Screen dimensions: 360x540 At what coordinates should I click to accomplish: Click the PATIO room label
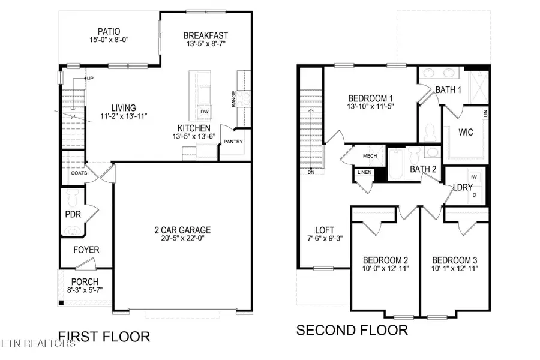pyautogui.click(x=109, y=31)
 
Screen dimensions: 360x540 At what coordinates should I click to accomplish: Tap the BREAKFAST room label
pyautogui.click(x=206, y=35)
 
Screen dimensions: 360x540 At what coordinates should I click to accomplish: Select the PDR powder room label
pyautogui.click(x=73, y=213)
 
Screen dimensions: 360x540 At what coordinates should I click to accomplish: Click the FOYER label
pyautogui.click(x=86, y=250)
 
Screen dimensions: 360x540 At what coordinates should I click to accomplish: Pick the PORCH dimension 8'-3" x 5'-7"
pyautogui.click(x=85, y=292)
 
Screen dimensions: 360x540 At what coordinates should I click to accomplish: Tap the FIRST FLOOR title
pyautogui.click(x=104, y=337)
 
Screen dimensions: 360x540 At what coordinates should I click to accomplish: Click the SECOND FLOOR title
pyautogui.click(x=352, y=330)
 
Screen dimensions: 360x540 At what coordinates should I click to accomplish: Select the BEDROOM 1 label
pyautogui.click(x=371, y=98)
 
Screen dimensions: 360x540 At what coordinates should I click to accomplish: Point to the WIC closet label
pyautogui.click(x=465, y=132)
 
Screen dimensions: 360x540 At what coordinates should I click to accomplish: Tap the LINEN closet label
pyautogui.click(x=364, y=173)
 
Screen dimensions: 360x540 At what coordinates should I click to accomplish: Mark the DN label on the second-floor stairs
pyautogui.click(x=310, y=172)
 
